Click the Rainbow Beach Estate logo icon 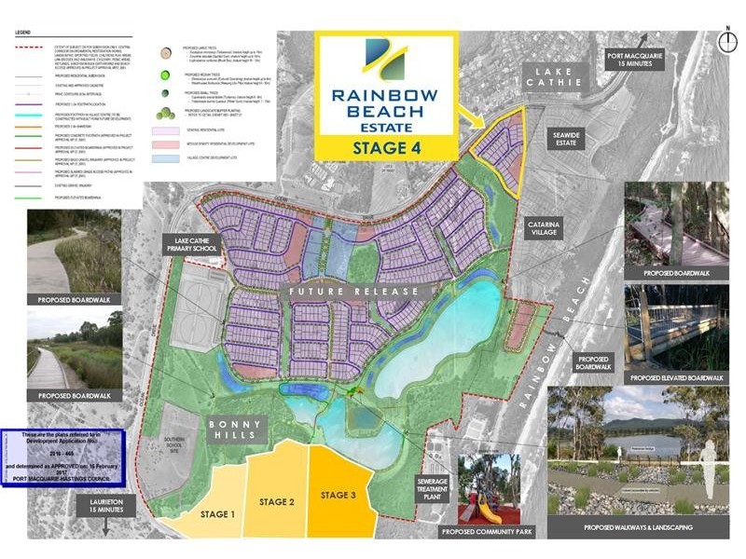(385, 62)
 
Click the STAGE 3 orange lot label (337, 495)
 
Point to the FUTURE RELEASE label (353, 292)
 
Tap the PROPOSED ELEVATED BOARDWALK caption (675, 377)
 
